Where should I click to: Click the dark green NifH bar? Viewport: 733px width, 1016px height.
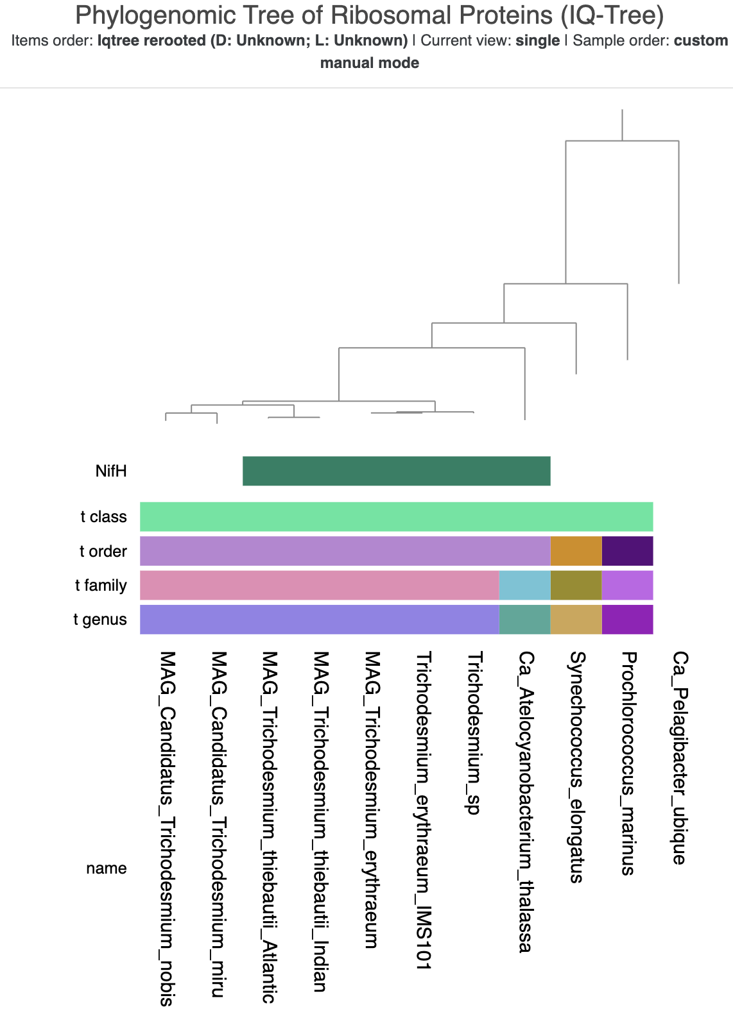pyautogui.click(x=396, y=471)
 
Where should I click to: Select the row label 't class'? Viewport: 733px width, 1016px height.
pyautogui.click(x=103, y=517)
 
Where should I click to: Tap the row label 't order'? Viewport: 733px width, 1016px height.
pyautogui.click(x=103, y=552)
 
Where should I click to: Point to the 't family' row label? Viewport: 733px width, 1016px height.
pyautogui.click(x=101, y=586)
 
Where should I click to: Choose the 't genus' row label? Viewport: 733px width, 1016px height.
pyautogui.click(x=100, y=620)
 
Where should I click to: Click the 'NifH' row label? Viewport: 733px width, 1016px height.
pyautogui.click(x=111, y=471)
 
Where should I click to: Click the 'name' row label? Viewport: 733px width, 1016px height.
pyautogui.click(x=107, y=868)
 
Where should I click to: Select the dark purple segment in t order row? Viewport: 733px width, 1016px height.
pyautogui.click(x=627, y=551)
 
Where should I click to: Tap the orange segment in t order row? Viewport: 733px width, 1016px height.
pyautogui.click(x=576, y=551)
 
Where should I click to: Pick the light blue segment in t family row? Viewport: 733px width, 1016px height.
pyautogui.click(x=524, y=586)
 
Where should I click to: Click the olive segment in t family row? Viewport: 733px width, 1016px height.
pyautogui.click(x=576, y=586)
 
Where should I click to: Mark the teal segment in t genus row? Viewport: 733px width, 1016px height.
pyautogui.click(x=524, y=620)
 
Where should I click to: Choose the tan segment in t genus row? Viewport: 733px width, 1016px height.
pyautogui.click(x=576, y=620)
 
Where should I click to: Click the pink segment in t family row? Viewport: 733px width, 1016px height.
pyautogui.click(x=319, y=586)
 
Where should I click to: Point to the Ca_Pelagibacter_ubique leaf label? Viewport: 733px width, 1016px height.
pyautogui.click(x=680, y=758)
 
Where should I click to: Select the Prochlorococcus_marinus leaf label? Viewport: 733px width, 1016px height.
pyautogui.click(x=628, y=763)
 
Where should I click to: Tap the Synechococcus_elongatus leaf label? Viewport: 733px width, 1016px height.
pyautogui.click(x=577, y=767)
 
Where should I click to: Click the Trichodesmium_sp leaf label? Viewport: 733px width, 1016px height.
pyautogui.click(x=474, y=733)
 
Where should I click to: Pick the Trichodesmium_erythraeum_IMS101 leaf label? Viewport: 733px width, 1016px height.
pyautogui.click(x=423, y=810)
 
